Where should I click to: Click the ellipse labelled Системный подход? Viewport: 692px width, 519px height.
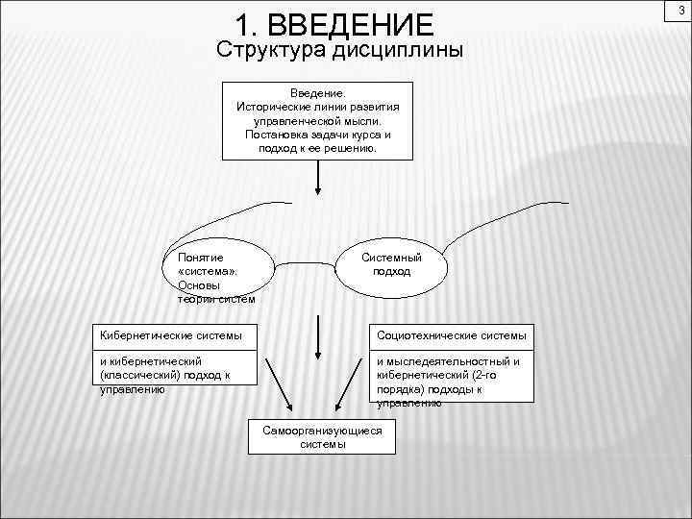coord(391,264)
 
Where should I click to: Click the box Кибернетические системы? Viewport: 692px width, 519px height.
coord(173,335)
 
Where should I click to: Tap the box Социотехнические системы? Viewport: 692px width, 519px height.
coord(452,335)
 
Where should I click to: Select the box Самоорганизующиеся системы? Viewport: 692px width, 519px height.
coord(322,437)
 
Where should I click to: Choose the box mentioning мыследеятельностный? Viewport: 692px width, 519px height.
coord(452,376)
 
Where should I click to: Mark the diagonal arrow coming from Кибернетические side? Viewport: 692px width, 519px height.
coord(280,384)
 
